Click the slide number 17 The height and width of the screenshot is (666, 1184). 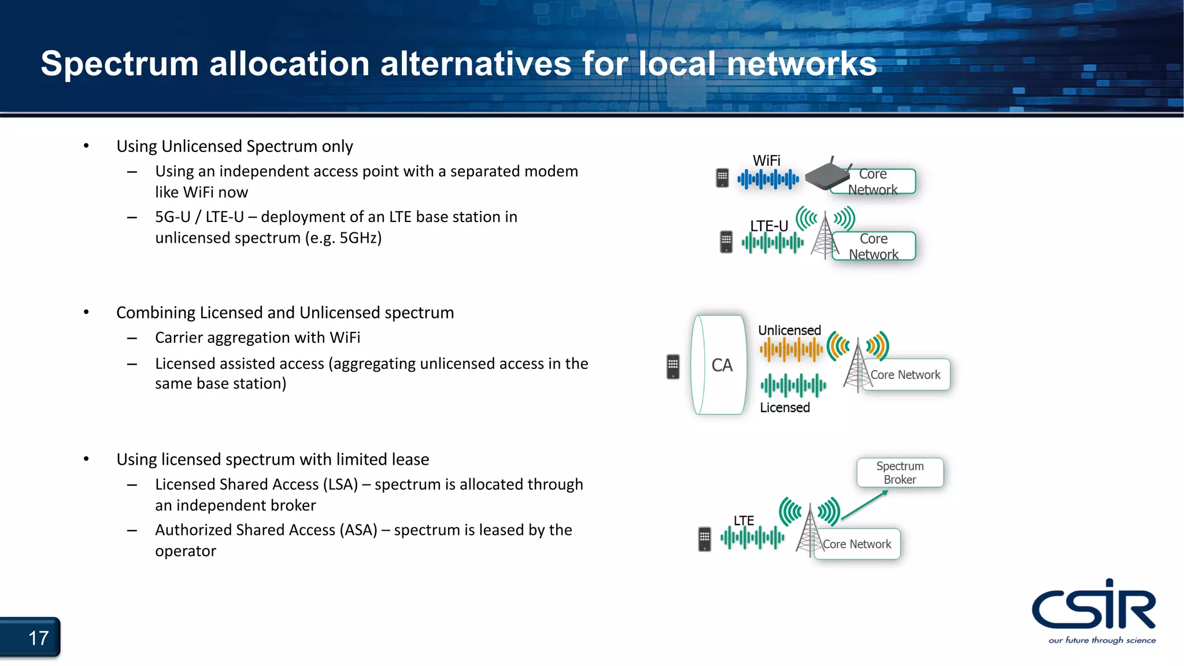(x=38, y=638)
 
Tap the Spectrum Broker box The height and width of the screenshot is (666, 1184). (x=900, y=473)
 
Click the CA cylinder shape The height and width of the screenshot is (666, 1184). (x=719, y=365)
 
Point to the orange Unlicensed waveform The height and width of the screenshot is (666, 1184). (x=791, y=349)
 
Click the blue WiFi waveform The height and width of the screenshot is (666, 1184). (x=768, y=179)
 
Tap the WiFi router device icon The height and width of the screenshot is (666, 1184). (x=827, y=176)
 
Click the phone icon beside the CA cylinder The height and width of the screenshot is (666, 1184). (x=673, y=367)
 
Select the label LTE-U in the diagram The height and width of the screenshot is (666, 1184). (x=768, y=226)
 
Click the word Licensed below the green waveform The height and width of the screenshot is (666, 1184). (x=785, y=408)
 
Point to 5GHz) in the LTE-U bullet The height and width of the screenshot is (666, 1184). (x=360, y=238)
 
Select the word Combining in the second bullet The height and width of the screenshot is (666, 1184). (x=156, y=313)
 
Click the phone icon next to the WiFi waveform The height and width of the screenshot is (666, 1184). (x=722, y=178)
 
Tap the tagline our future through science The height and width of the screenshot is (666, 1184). (x=1102, y=640)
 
